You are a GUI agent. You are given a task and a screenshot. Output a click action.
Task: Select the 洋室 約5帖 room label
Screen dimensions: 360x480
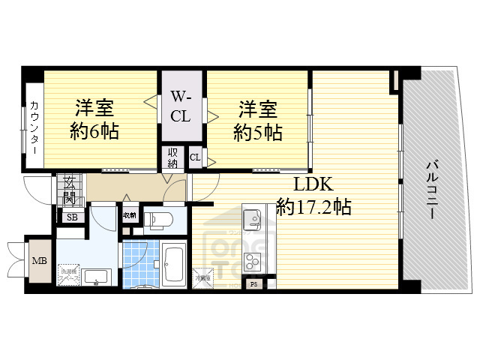click(257, 120)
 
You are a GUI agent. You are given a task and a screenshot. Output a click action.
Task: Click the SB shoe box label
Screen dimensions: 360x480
click(72, 217)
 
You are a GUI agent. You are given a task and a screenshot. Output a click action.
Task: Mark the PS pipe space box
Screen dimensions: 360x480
click(254, 284)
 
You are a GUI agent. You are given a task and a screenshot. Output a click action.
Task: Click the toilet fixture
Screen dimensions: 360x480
click(158, 220)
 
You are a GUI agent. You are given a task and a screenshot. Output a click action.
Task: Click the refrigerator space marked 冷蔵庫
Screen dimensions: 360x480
click(203, 278)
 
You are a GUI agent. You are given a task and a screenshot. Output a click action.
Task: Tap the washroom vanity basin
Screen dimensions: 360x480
click(97, 277)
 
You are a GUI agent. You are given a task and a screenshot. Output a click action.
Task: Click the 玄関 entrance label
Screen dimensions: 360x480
click(69, 191)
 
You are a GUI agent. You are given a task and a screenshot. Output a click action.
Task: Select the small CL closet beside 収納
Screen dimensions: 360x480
click(194, 157)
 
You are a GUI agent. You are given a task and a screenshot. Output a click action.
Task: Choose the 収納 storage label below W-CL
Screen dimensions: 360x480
click(172, 158)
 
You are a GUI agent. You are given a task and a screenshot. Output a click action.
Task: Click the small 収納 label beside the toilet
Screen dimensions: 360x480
click(129, 215)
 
